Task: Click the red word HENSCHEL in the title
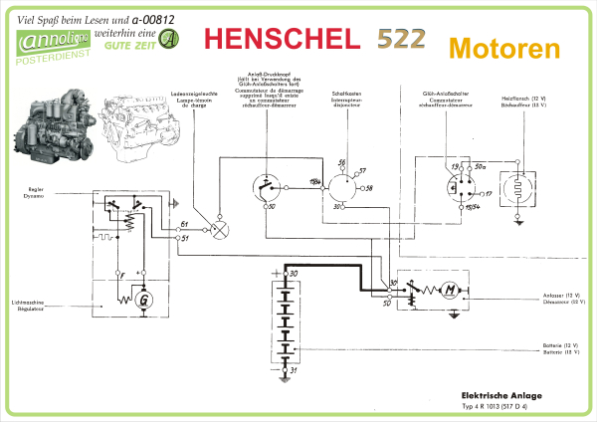point(281,39)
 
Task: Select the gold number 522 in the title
point(401,39)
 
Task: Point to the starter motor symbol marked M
point(449,290)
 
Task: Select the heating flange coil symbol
point(518,188)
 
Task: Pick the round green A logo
point(171,39)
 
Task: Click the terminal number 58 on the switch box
point(368,187)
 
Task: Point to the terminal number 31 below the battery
point(293,369)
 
